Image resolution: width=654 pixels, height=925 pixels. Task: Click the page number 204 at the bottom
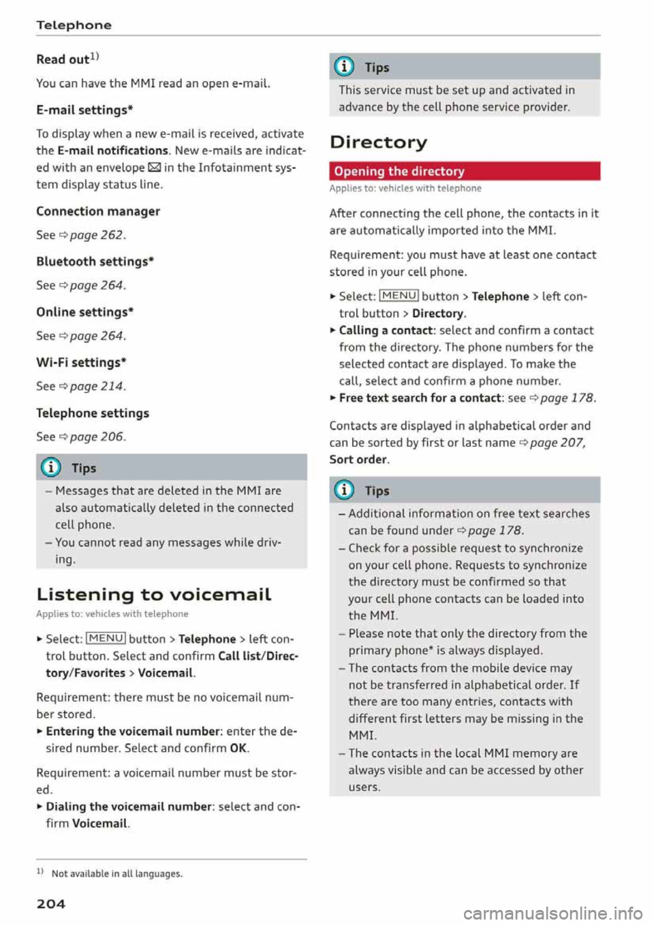point(51,904)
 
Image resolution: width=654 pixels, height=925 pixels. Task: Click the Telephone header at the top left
point(74,25)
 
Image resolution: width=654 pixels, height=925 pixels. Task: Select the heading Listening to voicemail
point(154,595)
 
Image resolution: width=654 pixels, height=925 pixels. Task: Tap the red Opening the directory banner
point(465,171)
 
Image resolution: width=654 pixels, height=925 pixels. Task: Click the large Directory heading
point(378,142)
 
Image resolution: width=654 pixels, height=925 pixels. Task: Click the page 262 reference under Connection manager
point(97,235)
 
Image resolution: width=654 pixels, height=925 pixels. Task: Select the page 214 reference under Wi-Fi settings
point(97,386)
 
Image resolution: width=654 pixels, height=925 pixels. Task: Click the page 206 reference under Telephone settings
point(97,437)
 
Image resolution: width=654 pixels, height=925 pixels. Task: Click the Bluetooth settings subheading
point(95,262)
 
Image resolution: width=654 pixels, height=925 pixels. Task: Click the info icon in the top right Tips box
point(346,67)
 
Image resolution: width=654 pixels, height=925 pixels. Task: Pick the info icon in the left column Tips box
point(52,468)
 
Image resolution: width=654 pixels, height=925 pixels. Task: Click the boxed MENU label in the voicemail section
point(106,638)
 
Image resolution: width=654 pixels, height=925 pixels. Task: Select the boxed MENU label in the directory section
point(399,296)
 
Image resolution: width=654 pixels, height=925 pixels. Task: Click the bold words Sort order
point(358,460)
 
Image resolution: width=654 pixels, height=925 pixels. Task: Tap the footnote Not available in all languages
point(116,874)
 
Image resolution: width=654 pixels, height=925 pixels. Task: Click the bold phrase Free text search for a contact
point(420,398)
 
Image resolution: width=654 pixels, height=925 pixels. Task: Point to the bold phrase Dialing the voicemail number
point(129,806)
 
